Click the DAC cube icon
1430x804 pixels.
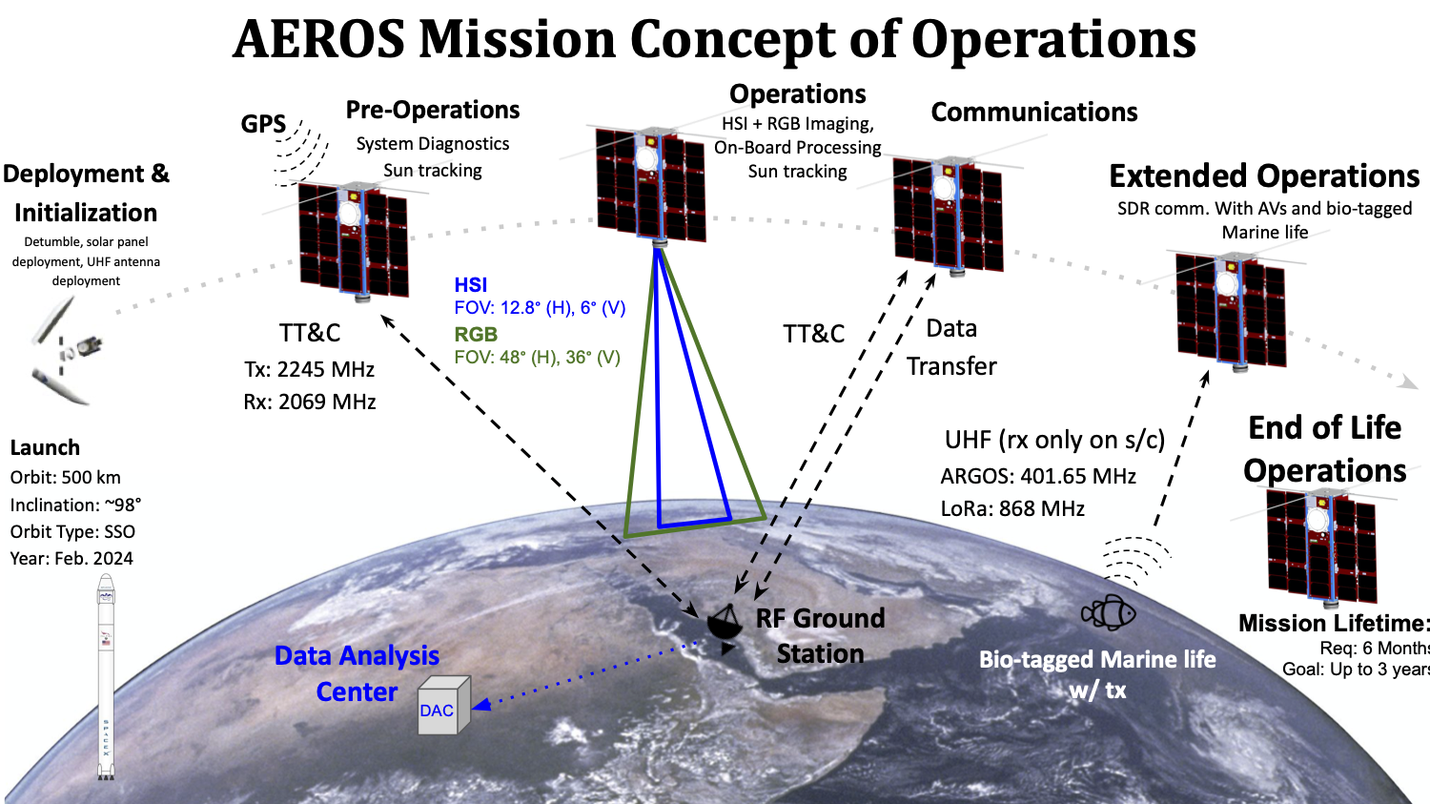(x=444, y=706)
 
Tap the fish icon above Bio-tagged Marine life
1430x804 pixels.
(x=1110, y=612)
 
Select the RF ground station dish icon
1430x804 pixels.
(x=725, y=626)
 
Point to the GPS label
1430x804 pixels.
(x=263, y=124)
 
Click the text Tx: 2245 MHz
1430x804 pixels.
(x=310, y=369)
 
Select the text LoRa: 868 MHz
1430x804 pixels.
(x=1012, y=508)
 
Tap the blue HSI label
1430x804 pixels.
(x=471, y=284)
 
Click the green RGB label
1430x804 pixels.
(x=476, y=334)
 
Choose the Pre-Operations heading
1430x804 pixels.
(x=433, y=110)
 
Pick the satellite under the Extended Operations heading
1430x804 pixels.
(x=1230, y=310)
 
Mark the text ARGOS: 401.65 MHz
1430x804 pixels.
(x=1038, y=476)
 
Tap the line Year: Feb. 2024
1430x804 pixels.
(x=71, y=558)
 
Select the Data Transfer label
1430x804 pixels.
(x=951, y=347)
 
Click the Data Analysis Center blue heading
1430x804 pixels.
(x=357, y=673)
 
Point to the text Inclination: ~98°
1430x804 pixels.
(x=75, y=505)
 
